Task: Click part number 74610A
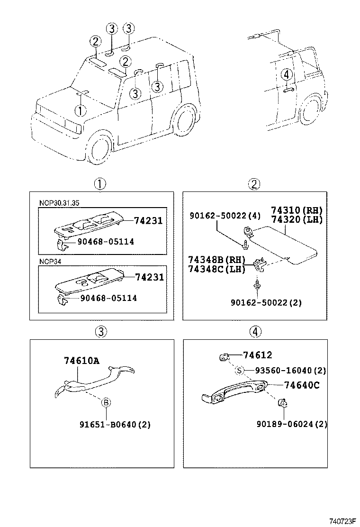tap(81, 361)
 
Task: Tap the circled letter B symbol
tap(106, 403)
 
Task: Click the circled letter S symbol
tap(240, 371)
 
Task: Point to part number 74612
tap(257, 355)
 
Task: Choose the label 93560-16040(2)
tap(290, 371)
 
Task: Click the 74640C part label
tap(302, 385)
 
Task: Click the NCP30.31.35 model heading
tap(59, 202)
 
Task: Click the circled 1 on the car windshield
tap(81, 110)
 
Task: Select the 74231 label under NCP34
tap(149, 277)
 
